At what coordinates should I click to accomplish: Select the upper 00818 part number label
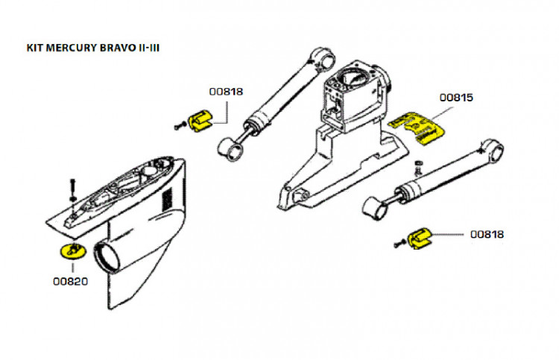pos(225,92)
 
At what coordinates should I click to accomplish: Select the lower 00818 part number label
pos(487,234)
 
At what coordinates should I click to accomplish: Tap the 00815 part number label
pos(456,98)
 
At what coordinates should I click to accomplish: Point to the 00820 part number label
pos(70,282)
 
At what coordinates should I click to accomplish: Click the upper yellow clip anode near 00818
pos(200,119)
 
